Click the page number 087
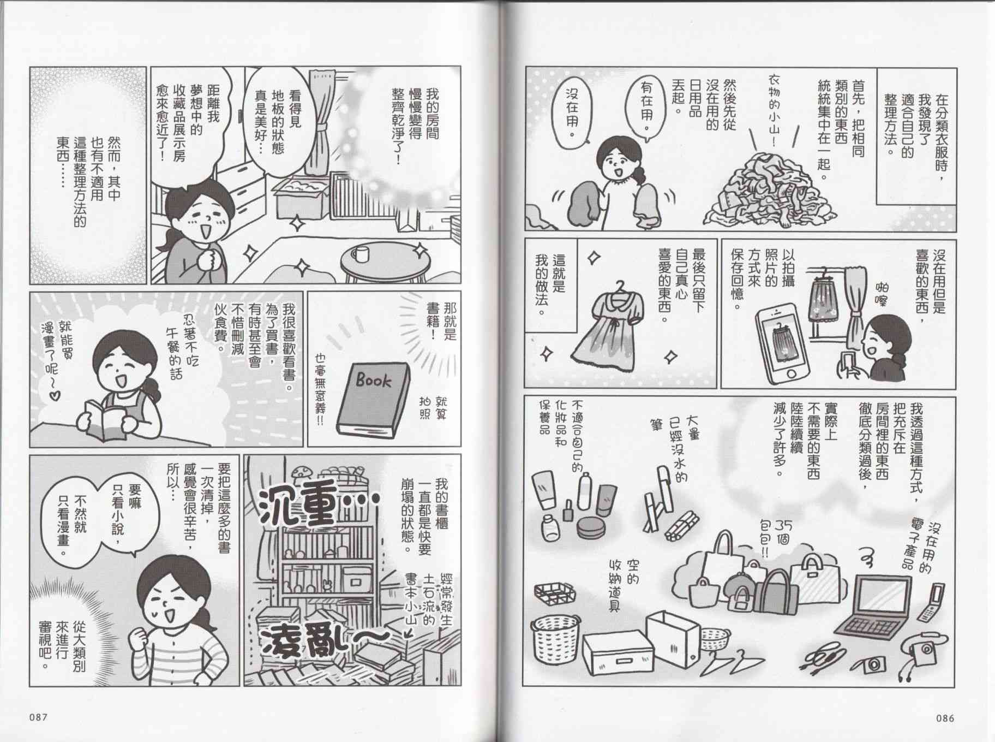41,717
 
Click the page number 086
944,718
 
